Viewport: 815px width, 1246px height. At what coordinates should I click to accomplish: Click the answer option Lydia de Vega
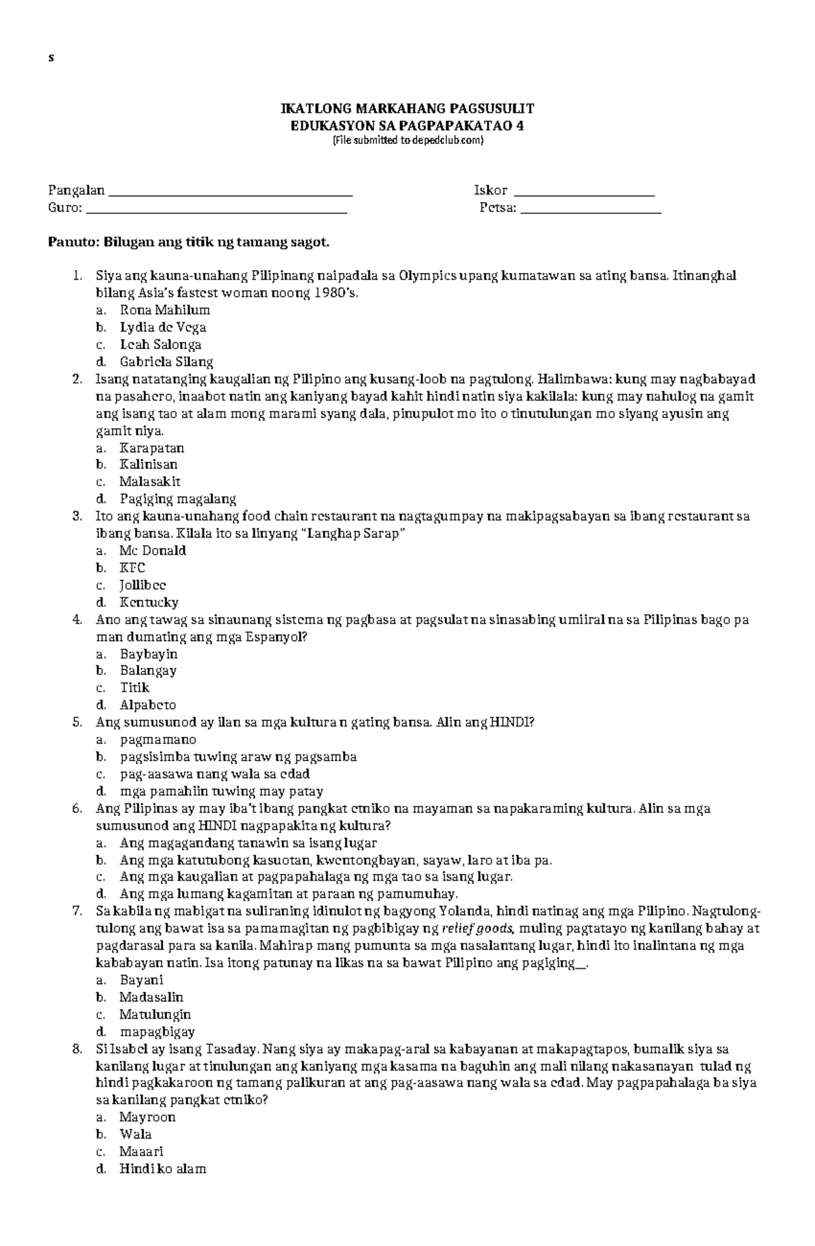pyautogui.click(x=162, y=327)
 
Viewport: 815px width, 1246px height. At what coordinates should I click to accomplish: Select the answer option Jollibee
pyautogui.click(x=143, y=585)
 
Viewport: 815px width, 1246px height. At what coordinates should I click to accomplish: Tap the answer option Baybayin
pyautogui.click(x=148, y=654)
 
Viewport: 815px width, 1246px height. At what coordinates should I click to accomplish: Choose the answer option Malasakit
pyautogui.click(x=149, y=481)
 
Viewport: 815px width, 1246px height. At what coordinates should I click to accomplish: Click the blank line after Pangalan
pyautogui.click(x=230, y=192)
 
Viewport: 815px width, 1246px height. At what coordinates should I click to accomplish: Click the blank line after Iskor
pyautogui.click(x=584, y=192)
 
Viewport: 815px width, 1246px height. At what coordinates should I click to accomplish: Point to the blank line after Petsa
pyautogui.click(x=590, y=209)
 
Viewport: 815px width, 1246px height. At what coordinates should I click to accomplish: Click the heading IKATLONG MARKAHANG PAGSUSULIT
pyautogui.click(x=407, y=109)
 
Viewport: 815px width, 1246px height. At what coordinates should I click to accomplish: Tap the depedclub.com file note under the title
pyautogui.click(x=407, y=141)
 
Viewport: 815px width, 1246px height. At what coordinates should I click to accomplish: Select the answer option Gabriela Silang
pyautogui.click(x=166, y=362)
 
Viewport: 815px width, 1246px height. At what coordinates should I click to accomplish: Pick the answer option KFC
pyautogui.click(x=132, y=568)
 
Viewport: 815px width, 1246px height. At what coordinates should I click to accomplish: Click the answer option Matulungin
pyautogui.click(x=155, y=1014)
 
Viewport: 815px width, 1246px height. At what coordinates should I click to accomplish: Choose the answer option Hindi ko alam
pyautogui.click(x=162, y=1169)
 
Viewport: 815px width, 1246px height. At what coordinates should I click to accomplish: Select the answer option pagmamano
pyautogui.click(x=158, y=739)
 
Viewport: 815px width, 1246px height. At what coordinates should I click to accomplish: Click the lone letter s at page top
pyautogui.click(x=50, y=58)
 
